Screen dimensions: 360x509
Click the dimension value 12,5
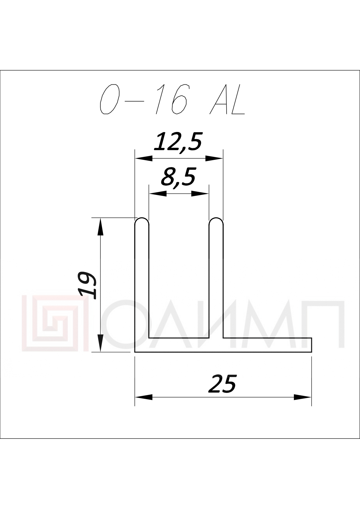pyautogui.click(x=178, y=142)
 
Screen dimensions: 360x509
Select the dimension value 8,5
pyautogui.click(x=178, y=177)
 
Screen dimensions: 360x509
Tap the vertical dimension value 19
pyautogui.click(x=88, y=285)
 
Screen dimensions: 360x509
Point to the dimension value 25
pyautogui.click(x=222, y=384)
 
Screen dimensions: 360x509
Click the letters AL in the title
pyautogui.click(x=227, y=99)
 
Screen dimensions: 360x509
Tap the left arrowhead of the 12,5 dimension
pyautogui.click(x=144, y=158)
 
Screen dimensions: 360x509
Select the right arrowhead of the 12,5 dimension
pyautogui.click(x=214, y=158)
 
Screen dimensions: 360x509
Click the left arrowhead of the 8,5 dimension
pyautogui.click(x=158, y=193)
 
